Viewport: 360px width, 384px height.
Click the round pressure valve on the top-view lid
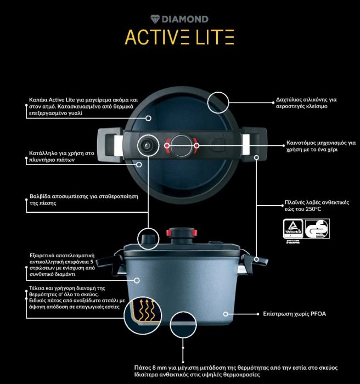(147, 145)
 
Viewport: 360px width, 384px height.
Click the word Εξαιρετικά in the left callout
(44, 256)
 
